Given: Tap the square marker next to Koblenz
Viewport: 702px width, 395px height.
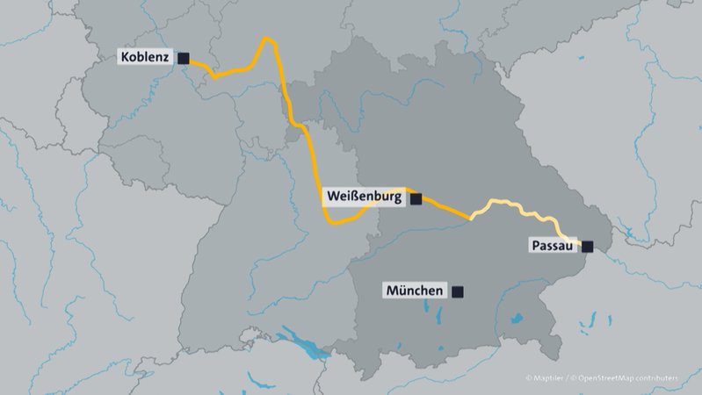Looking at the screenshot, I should pyautogui.click(x=184, y=58).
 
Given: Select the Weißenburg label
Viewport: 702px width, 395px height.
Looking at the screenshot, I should pyautogui.click(x=365, y=197).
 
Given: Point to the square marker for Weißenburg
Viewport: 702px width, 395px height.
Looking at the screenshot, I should pyautogui.click(x=416, y=199).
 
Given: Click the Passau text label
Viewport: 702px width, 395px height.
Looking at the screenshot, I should pyautogui.click(x=552, y=247).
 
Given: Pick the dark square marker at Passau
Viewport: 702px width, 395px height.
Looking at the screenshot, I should pyautogui.click(x=587, y=248).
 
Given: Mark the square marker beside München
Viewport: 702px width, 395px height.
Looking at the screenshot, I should pyautogui.click(x=457, y=291).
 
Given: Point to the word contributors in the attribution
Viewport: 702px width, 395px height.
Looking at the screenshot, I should pyautogui.click(x=660, y=378).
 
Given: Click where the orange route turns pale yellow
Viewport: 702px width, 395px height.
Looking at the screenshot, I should pyautogui.click(x=473, y=216).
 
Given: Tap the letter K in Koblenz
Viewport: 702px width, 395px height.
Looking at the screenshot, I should pyautogui.click(x=124, y=58).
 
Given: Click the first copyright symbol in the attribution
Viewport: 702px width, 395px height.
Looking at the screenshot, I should pyautogui.click(x=529, y=378).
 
